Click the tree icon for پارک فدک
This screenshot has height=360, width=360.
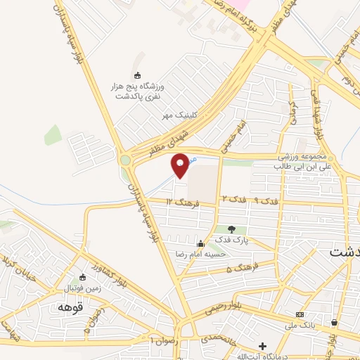pyautogui.click(x=231, y=229)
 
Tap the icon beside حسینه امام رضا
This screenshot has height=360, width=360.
pyautogui.click(x=200, y=243)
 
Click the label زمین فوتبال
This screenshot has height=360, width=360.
pyautogui.click(x=84, y=288)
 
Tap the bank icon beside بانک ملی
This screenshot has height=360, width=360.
pyautogui.click(x=300, y=314)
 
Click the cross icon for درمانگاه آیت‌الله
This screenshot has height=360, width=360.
pyautogui.click(x=262, y=346)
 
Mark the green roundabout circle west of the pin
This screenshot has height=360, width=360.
pyautogui.click(x=125, y=160)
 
